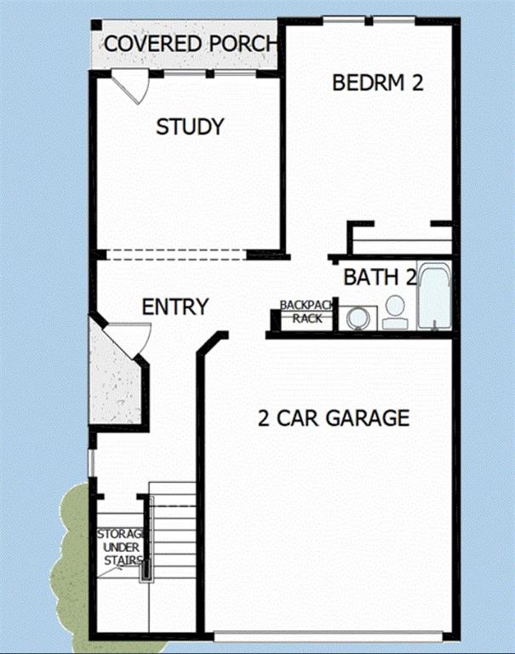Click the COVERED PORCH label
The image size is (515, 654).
tap(191, 43)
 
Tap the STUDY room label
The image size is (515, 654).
tap(190, 126)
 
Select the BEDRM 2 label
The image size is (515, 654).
tap(378, 82)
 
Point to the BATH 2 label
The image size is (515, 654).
tap(380, 277)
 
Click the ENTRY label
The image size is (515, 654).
tap(175, 307)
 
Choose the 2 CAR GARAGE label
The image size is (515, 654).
tap(334, 418)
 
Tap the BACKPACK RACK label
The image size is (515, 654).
tap(307, 312)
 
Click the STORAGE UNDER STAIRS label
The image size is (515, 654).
tap(122, 548)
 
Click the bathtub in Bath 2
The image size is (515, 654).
tap(434, 296)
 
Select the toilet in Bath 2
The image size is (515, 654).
tap(394, 312)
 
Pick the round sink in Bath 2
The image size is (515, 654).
tap(358, 318)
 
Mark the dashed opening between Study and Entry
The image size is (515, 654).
tap(177, 255)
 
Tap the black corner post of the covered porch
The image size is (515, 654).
tap(96, 25)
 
